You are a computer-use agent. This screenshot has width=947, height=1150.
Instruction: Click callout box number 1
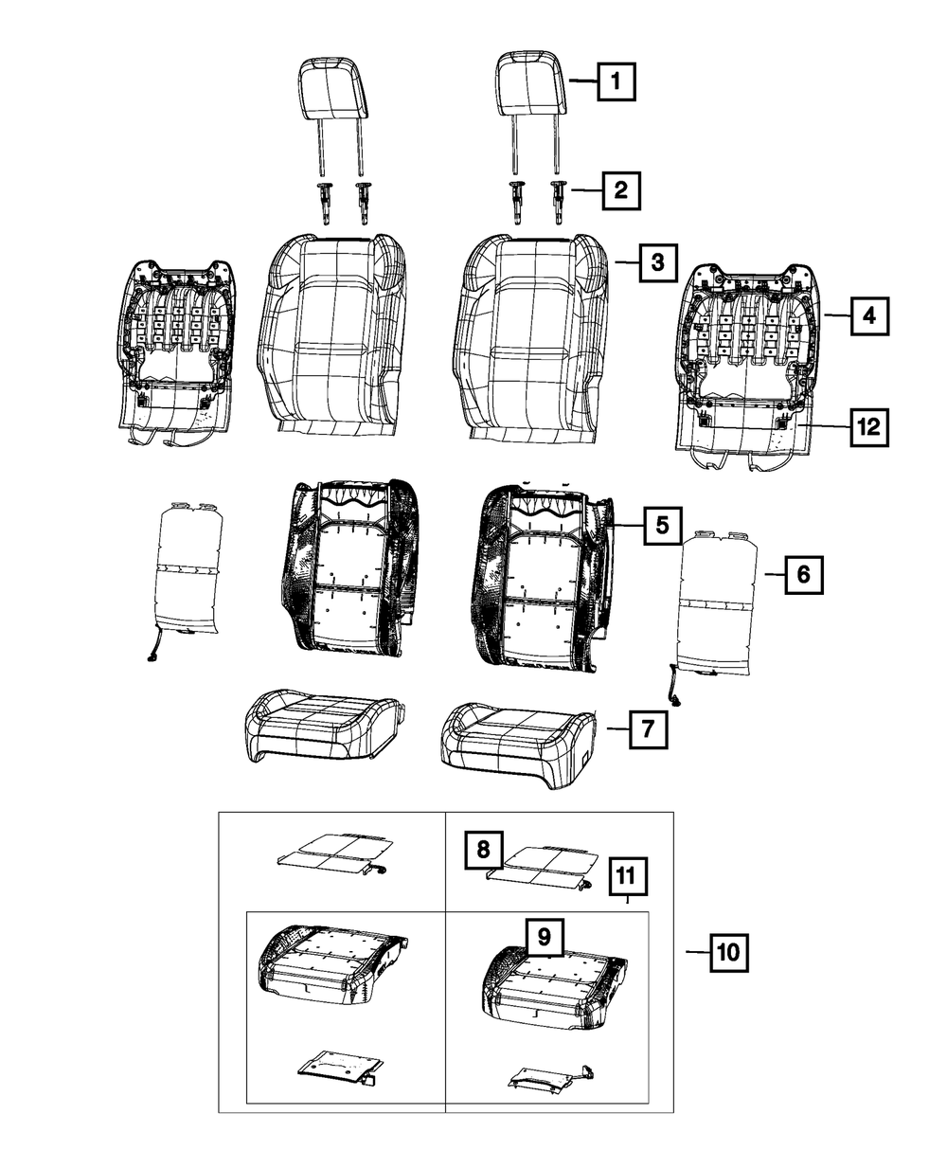pyautogui.click(x=616, y=82)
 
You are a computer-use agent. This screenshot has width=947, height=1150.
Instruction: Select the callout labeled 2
pyautogui.click(x=619, y=190)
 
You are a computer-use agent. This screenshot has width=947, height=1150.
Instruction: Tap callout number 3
pyautogui.click(x=657, y=261)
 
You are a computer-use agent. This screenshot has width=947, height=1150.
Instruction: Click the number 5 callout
pyautogui.click(x=663, y=524)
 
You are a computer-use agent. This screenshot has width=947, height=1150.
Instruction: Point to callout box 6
pyautogui.click(x=802, y=574)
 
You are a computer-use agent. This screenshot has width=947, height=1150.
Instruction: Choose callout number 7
pyautogui.click(x=646, y=729)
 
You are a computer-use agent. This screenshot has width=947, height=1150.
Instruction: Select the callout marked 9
pyautogui.click(x=544, y=937)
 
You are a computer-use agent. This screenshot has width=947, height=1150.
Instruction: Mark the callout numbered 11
pyautogui.click(x=627, y=877)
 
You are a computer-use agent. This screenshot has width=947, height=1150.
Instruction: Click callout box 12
pyautogui.click(x=868, y=427)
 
